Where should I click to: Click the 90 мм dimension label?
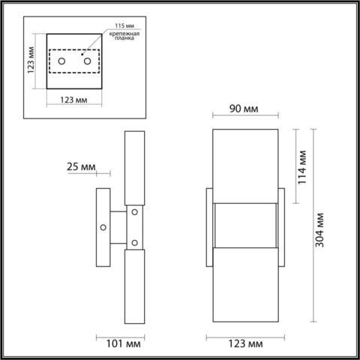[244, 110]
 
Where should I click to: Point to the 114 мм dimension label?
[302, 168]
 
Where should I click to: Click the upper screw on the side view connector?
[135, 213]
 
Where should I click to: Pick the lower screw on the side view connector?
[135, 241]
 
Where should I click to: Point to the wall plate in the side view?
[101, 226]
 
